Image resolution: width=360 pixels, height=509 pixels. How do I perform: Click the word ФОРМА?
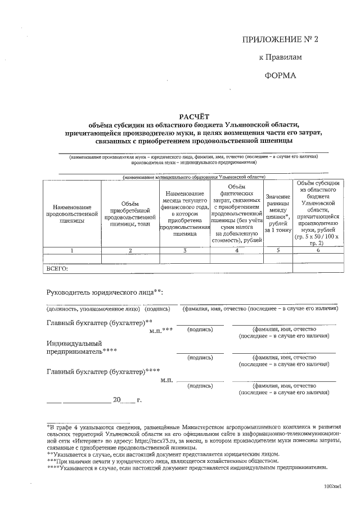click(280, 75)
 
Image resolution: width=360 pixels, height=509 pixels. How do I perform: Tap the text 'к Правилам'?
click(280, 57)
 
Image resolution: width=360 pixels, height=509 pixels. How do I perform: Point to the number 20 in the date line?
click(117, 400)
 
